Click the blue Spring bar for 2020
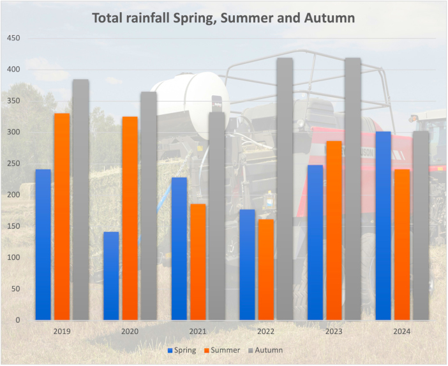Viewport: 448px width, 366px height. tap(111, 275)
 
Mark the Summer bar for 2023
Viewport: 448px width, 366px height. tap(334, 230)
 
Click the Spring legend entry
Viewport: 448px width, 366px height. tap(183, 350)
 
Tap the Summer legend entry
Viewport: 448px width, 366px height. tap(225, 350)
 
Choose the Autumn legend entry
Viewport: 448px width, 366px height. tap(269, 350)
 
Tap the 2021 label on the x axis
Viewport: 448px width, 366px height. tap(198, 332)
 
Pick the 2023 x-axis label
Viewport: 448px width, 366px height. tap(334, 332)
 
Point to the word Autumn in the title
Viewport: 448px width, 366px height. tap(329, 18)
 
